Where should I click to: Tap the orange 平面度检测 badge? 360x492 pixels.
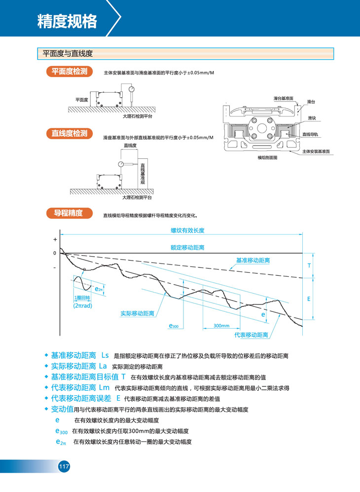70,72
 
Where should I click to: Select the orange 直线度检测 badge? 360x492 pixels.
70,133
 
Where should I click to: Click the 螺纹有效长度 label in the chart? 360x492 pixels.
187,230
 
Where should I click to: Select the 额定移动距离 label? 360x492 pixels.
187,247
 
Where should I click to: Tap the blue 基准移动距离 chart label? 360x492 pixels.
253,260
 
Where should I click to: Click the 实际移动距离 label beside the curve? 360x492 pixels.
137,313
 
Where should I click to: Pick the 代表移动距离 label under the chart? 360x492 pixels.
251,335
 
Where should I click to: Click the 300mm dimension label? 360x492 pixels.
222,326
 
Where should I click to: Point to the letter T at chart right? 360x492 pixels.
309,265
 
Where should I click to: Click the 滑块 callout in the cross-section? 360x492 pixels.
312,118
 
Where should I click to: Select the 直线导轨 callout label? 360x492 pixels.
310,134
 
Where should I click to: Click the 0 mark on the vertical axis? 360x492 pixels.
55,253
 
